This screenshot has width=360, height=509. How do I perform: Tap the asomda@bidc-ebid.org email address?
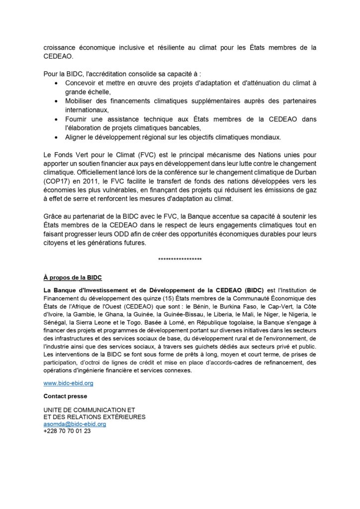tap(75, 424)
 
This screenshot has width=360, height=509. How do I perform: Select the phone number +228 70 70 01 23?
tap(67, 431)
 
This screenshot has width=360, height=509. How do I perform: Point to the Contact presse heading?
tap(66, 396)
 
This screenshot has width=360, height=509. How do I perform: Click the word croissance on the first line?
tap(62, 48)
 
